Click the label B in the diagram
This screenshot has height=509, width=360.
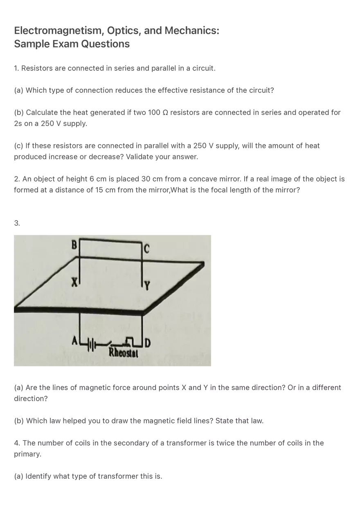click(x=74, y=244)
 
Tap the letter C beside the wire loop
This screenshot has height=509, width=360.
click(x=147, y=249)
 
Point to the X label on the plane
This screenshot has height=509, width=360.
click(x=74, y=282)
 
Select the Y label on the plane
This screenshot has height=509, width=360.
click(x=147, y=286)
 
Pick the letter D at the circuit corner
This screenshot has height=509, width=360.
click(x=148, y=343)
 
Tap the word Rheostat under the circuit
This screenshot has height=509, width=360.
click(x=124, y=353)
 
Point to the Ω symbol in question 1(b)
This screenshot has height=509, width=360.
click(x=165, y=112)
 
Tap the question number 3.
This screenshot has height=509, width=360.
click(x=17, y=223)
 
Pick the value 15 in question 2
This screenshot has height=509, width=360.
click(x=99, y=190)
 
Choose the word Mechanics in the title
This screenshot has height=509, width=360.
click(x=192, y=30)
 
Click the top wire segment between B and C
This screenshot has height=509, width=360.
click(x=111, y=241)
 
